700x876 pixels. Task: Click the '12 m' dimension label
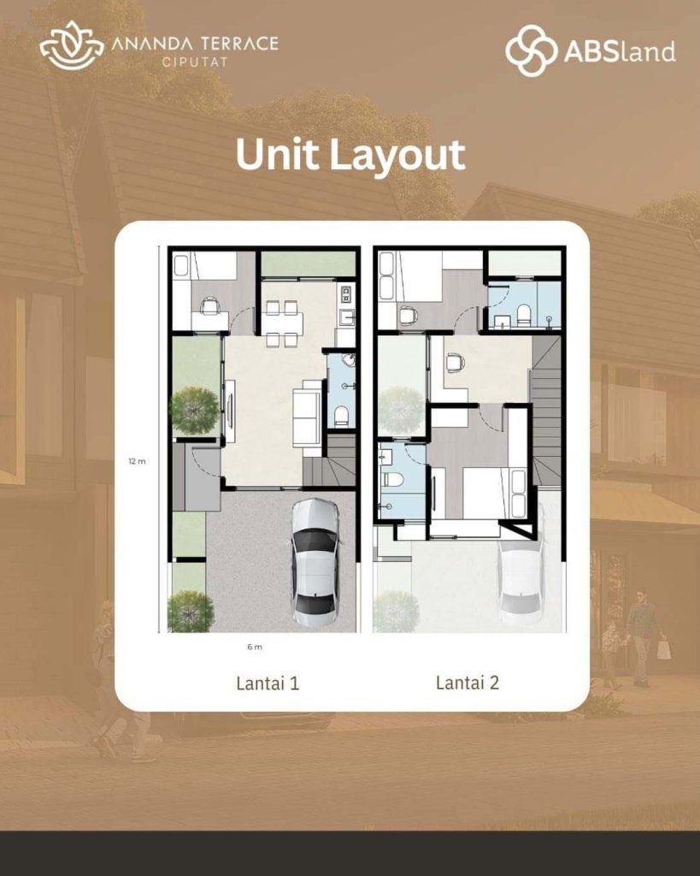pos(137,461)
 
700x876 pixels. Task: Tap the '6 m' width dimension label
pos(255,647)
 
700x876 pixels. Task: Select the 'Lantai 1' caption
pos(268,683)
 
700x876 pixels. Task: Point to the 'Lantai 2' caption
pos(468,682)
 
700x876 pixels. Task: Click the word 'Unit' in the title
pos(278,154)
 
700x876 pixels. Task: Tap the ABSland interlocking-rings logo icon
pos(531,50)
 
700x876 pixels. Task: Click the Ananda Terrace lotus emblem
pos(72,46)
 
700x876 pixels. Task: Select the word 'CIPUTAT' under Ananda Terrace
pos(195,62)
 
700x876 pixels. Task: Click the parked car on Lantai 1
pos(315,562)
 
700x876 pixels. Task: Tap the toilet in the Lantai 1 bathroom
pos(341,416)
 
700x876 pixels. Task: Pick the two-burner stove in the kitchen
pos(346,293)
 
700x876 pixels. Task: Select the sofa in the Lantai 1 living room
pos(307,411)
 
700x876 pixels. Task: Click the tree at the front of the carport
pos(191,611)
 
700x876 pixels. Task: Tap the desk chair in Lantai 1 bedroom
pos(210,306)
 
